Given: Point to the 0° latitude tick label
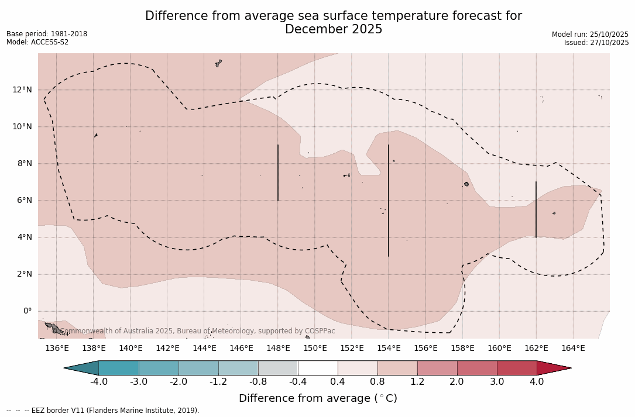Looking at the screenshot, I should tap(27, 311).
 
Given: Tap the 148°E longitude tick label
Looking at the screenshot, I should tap(278, 349).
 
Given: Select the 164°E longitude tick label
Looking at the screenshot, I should tap(573, 349).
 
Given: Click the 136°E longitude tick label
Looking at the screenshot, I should tap(57, 349).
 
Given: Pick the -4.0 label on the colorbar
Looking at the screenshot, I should tap(98, 382).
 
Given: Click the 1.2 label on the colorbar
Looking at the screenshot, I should tap(417, 382).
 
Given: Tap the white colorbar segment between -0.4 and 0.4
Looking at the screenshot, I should tap(318, 368).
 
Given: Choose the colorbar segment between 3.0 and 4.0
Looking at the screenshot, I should tap(517, 368).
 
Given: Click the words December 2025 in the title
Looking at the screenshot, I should tap(334, 30).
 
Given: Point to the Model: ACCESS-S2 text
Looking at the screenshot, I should tap(37, 42).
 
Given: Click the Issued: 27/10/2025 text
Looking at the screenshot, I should tap(596, 43).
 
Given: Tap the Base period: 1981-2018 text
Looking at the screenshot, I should tap(47, 34).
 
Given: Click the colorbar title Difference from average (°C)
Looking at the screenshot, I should tap(318, 398).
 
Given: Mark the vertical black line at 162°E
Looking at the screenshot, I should tap(536, 209).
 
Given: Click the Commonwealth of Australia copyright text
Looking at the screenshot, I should tap(198, 331).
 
